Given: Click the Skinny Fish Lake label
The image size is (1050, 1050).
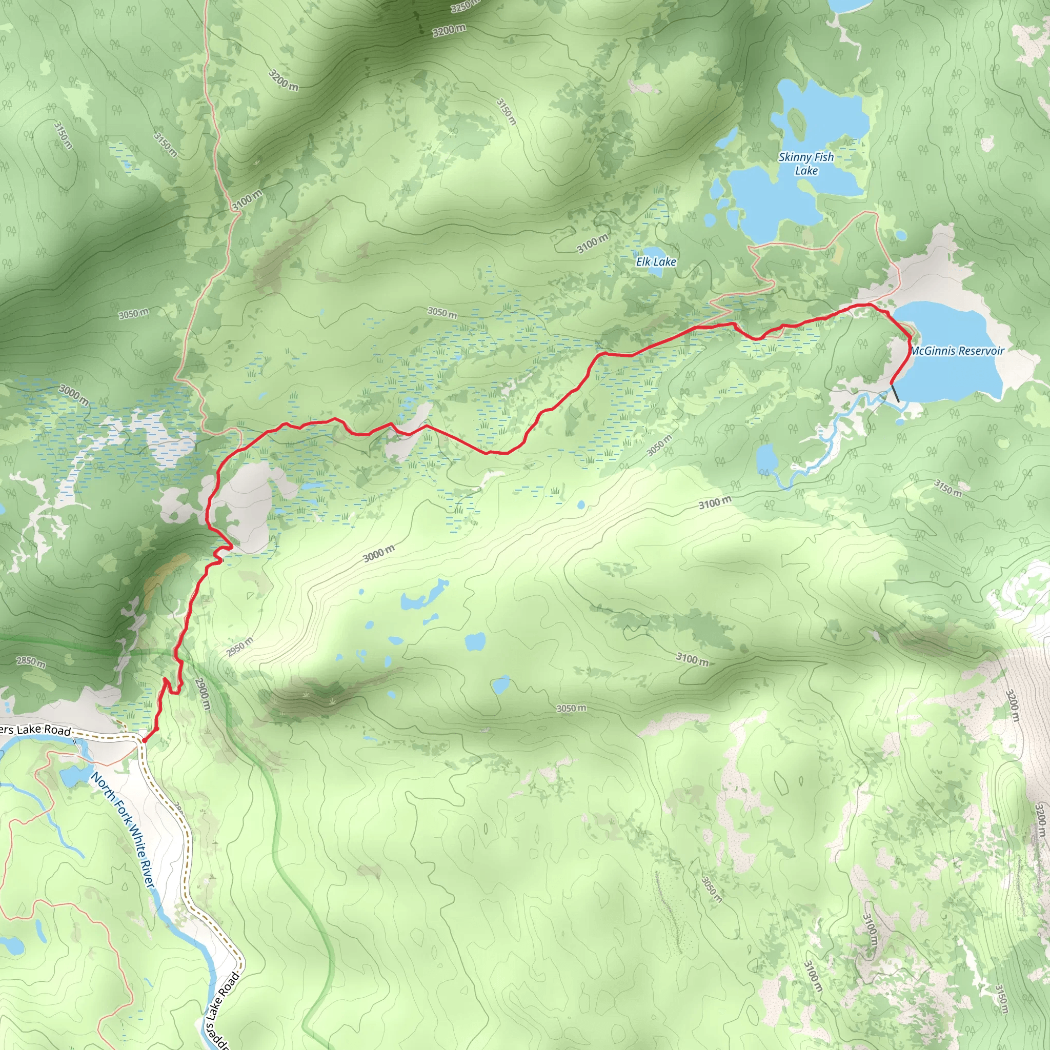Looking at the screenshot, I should [x=806, y=164].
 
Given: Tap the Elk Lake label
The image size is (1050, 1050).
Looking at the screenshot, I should [x=656, y=262].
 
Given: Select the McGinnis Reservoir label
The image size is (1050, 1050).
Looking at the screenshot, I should [x=958, y=351].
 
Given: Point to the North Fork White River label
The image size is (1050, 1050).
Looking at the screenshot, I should [x=124, y=830].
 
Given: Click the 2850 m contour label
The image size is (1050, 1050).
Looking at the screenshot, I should [x=30, y=661].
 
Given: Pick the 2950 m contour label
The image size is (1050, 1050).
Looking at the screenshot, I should [x=239, y=646].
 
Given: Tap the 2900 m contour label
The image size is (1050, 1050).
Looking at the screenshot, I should [x=201, y=694].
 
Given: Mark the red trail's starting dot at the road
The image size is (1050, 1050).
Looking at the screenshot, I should [x=144, y=740].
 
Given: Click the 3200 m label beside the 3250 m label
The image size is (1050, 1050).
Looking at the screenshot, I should [x=449, y=30].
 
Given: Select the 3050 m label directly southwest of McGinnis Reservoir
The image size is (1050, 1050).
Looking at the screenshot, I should [x=659, y=445].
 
